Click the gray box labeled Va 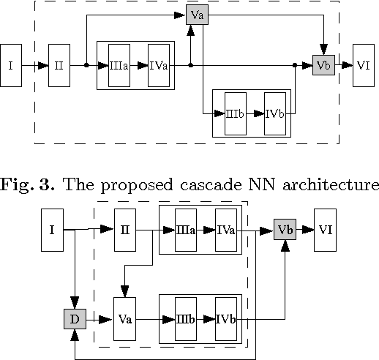195,15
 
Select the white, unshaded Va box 125,320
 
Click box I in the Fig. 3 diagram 10,66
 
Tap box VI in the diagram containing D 326,230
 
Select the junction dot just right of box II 86,66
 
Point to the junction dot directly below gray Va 190,66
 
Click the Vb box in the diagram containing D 285,230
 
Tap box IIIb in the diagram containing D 185,320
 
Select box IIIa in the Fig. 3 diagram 119,66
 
